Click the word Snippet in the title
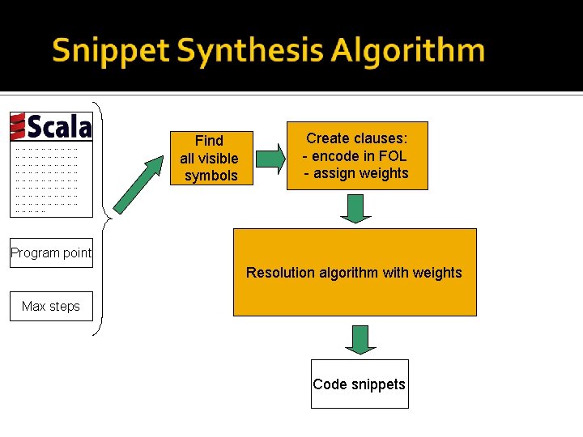[x=111, y=51]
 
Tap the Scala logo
[x=51, y=127]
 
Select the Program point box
[x=51, y=253]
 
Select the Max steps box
[x=51, y=306]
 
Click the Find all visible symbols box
[x=210, y=158]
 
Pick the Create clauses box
[x=356, y=155]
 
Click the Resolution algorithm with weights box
[x=355, y=272]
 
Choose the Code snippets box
[x=360, y=384]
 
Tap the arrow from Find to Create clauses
[x=270, y=157]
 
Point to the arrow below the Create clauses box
[x=355, y=208]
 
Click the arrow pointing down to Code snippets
[x=360, y=339]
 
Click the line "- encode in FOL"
[x=355, y=156]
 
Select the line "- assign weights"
[x=356, y=173]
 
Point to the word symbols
[x=211, y=176]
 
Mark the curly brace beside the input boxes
[x=99, y=218]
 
